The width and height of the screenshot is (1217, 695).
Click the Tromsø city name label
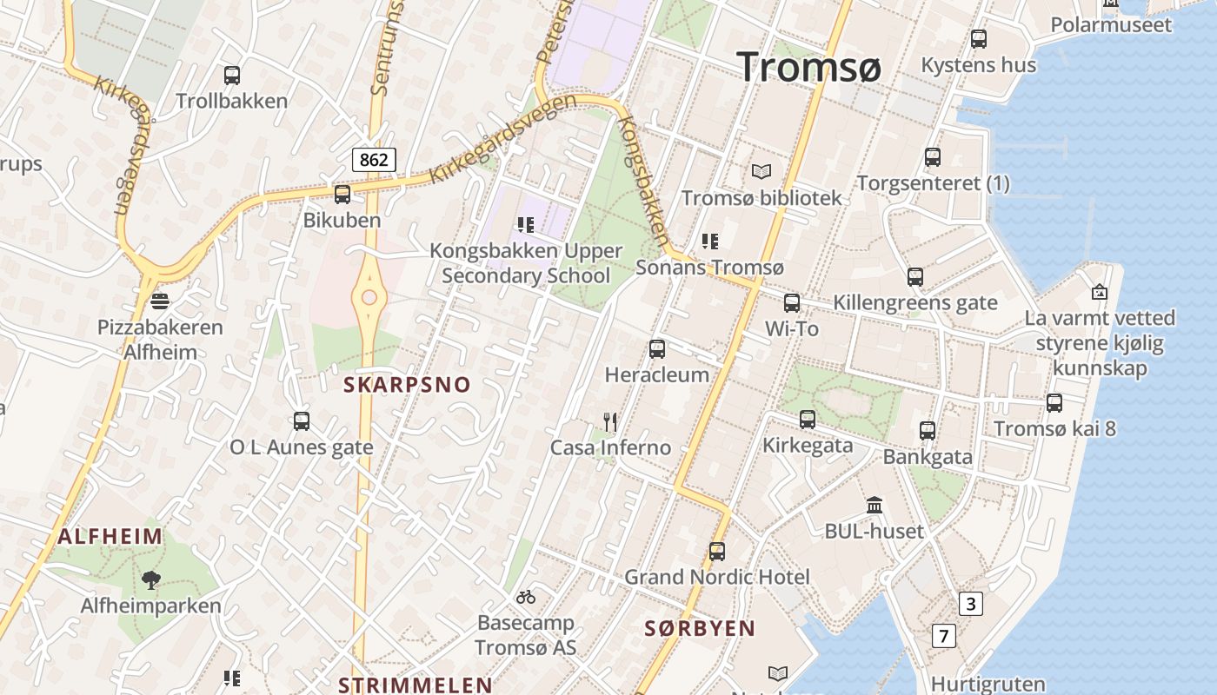click(x=808, y=67)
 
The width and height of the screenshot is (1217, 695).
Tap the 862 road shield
click(x=374, y=159)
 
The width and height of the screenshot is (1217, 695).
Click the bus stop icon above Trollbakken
click(x=232, y=76)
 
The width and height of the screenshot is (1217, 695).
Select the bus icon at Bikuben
click(x=342, y=195)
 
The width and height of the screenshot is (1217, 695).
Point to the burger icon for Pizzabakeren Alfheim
click(x=160, y=301)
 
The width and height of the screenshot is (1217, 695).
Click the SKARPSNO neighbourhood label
click(x=407, y=385)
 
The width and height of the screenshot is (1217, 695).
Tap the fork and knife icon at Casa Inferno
click(x=610, y=422)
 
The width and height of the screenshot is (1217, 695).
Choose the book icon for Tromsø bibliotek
click(x=761, y=172)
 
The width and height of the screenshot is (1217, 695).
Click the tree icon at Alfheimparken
click(x=151, y=579)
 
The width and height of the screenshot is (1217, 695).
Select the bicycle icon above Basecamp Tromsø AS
click(x=526, y=597)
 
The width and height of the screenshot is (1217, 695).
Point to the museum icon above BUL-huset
click(x=875, y=505)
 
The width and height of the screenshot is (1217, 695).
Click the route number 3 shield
click(x=970, y=604)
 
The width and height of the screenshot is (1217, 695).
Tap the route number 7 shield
click(x=943, y=636)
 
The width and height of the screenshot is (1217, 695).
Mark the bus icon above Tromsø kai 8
click(x=1054, y=403)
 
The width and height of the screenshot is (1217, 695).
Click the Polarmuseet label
click(x=1111, y=25)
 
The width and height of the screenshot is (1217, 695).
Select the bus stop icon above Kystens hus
click(x=979, y=39)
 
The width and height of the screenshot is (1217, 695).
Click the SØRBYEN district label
click(x=700, y=629)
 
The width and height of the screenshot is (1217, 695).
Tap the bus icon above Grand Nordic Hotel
click(x=717, y=552)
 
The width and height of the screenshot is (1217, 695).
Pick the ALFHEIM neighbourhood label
click(x=110, y=536)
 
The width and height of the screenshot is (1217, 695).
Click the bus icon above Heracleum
click(x=657, y=349)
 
